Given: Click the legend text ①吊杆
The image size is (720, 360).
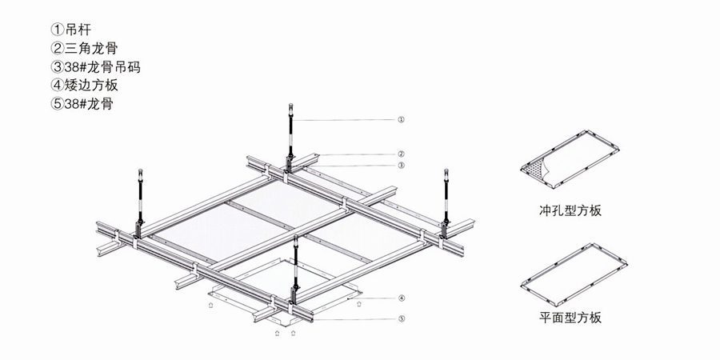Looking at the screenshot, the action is (x=70, y=30).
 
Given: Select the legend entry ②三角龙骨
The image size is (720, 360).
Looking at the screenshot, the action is (x=85, y=48).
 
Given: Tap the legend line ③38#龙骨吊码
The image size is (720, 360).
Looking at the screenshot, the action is (x=95, y=67).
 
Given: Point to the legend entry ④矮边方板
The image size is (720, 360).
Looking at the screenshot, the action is (x=85, y=86).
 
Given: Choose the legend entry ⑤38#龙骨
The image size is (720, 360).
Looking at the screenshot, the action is (x=82, y=104).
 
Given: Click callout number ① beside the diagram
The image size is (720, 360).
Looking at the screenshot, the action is (x=401, y=119).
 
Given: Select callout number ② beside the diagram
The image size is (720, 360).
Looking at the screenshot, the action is (x=401, y=154).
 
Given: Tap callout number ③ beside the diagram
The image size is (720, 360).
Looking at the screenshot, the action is (x=401, y=165).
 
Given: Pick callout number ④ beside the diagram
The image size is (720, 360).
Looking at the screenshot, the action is (x=402, y=298).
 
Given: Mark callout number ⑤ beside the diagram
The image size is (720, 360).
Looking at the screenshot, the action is (x=402, y=318).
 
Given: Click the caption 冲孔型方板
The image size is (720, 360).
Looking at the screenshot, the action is (x=570, y=210).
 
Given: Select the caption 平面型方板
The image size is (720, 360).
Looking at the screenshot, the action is (x=570, y=318).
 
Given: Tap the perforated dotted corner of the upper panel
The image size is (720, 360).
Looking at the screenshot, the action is (x=535, y=169).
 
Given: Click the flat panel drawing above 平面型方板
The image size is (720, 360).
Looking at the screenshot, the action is (x=574, y=275).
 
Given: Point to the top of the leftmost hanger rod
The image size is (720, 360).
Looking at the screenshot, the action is (x=141, y=171).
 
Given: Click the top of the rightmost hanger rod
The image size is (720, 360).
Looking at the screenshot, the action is (x=446, y=171).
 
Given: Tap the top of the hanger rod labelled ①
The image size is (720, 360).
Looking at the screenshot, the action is (x=290, y=105).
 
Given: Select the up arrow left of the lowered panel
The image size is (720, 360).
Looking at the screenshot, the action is (x=210, y=305).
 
